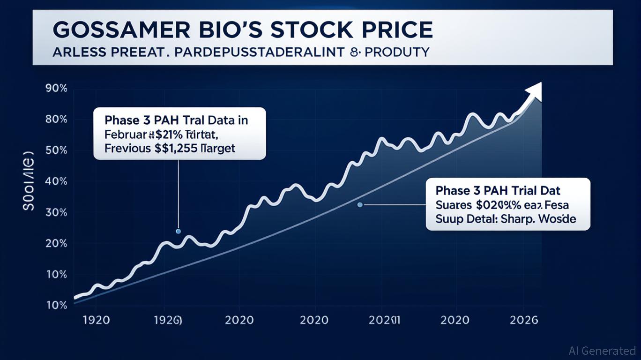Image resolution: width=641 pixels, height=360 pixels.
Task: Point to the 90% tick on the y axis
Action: [x=57, y=89]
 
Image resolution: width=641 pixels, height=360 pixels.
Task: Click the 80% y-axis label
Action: [x=57, y=120]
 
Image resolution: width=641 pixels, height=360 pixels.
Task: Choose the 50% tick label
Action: [x=57, y=150]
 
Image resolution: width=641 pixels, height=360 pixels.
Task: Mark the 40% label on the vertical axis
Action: [x=57, y=181]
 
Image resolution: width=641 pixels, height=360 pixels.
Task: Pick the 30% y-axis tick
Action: [x=57, y=212]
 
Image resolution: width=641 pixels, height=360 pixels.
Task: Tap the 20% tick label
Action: [x=57, y=243]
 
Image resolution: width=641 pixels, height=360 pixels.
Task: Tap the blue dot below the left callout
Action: [x=178, y=231]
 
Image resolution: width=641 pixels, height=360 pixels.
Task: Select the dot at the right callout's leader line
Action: [x=360, y=204]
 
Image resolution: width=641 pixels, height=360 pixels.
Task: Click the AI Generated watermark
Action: [x=602, y=351]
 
